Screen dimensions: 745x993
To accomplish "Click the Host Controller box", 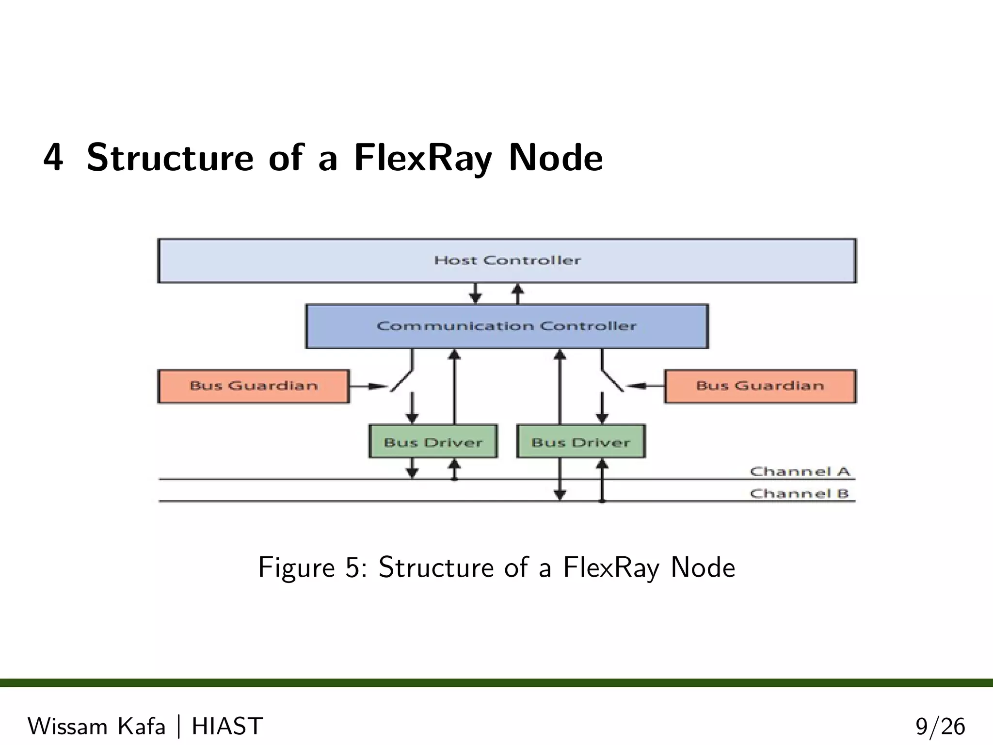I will (507, 261).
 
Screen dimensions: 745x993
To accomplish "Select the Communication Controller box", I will (507, 326).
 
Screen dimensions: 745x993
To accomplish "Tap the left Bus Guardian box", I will (254, 386).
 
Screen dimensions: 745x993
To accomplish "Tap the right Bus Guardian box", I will (760, 386).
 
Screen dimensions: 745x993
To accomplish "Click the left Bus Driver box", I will (433, 442).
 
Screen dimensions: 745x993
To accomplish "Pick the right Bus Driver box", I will (581, 442).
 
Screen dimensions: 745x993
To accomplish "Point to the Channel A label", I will (800, 471).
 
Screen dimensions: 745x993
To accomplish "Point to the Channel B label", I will (799, 494).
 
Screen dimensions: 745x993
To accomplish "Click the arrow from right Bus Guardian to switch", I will (645, 386).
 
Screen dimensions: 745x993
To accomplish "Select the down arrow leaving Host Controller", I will (476, 293).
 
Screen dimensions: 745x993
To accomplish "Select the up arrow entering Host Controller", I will (518, 293).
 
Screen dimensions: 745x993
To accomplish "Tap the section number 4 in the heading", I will (53, 158).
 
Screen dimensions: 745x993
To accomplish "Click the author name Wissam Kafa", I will (96, 726).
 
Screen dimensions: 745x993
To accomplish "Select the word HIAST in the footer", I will (227, 726).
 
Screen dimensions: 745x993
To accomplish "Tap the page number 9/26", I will (940, 727).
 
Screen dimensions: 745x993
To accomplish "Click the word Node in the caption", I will (703, 567).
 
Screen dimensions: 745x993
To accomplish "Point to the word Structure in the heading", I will (170, 158).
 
